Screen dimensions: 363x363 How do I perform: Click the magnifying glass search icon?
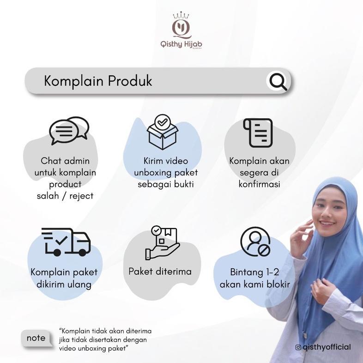click(278, 82)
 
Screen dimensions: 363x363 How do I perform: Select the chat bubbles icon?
click(69, 131)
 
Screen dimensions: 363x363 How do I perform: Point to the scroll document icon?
click(258, 133)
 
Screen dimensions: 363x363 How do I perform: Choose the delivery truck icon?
click(67, 242)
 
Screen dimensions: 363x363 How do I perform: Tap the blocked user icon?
click(255, 242)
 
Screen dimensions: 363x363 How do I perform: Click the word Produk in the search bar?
click(130, 81)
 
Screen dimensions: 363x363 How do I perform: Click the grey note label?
click(36, 338)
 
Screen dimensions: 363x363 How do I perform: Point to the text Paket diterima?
click(160, 272)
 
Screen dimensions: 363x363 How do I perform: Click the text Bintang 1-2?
click(254, 272)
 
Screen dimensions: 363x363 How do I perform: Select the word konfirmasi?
click(259, 184)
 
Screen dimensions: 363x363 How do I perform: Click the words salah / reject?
click(65, 196)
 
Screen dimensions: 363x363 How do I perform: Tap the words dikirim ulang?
click(64, 284)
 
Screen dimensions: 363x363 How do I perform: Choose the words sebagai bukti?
click(165, 184)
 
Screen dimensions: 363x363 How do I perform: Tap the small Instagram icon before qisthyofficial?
click(298, 347)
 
